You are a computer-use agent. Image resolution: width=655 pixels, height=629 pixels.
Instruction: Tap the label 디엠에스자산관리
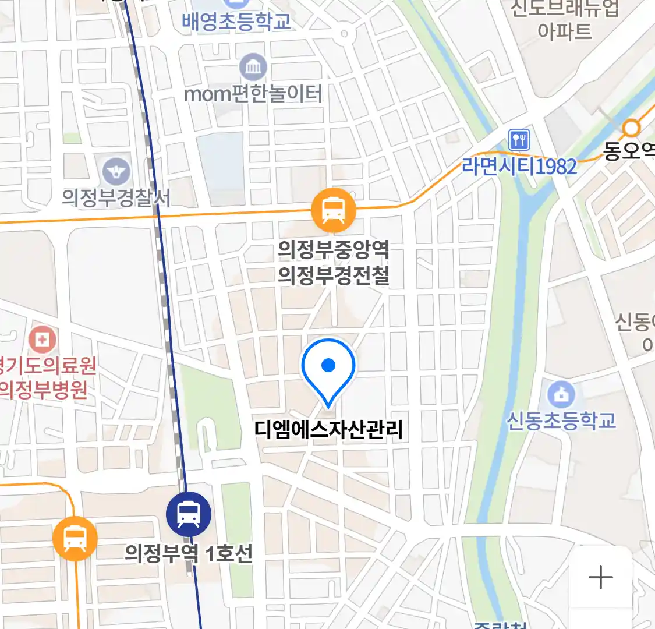click(328, 430)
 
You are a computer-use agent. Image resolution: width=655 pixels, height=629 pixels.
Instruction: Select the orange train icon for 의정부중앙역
click(333, 210)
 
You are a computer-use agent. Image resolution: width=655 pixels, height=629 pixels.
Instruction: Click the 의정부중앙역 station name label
click(333, 250)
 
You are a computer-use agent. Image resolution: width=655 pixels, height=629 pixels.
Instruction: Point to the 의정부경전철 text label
click(333, 275)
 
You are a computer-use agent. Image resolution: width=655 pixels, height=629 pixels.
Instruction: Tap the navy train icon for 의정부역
click(188, 514)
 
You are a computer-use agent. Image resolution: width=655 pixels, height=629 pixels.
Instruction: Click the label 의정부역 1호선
click(189, 552)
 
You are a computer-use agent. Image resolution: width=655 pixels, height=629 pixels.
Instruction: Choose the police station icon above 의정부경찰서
click(116, 171)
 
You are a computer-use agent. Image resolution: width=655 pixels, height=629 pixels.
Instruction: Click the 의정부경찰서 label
click(116, 198)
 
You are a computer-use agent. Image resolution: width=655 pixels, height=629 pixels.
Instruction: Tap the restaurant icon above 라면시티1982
click(519, 140)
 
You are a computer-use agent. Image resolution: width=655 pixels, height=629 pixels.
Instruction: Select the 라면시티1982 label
click(519, 167)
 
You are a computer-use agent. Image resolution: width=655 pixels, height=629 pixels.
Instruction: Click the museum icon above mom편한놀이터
click(253, 68)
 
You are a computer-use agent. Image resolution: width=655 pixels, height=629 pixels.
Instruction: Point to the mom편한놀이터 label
click(253, 94)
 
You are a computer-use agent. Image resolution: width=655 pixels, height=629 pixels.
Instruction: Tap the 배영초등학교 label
click(236, 22)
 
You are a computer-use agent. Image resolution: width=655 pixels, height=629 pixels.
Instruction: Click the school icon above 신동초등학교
click(561, 394)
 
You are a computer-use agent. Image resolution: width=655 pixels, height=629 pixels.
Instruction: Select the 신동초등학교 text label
click(561, 420)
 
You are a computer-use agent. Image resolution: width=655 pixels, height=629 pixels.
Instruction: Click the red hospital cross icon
click(43, 338)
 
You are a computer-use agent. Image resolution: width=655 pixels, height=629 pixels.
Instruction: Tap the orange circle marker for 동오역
click(631, 128)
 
